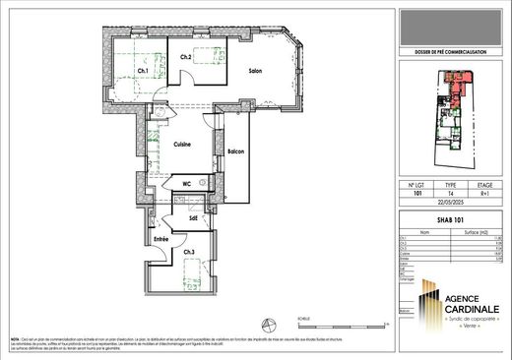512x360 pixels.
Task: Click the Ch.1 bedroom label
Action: click(x=143, y=71)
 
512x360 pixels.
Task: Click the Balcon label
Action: click(x=235, y=151)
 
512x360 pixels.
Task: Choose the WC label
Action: click(x=186, y=183)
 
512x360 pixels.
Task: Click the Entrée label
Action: click(x=160, y=239)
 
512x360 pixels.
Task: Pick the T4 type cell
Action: click(x=452, y=194)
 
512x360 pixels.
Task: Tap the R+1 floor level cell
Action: click(x=485, y=194)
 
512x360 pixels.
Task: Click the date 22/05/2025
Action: click(x=451, y=204)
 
